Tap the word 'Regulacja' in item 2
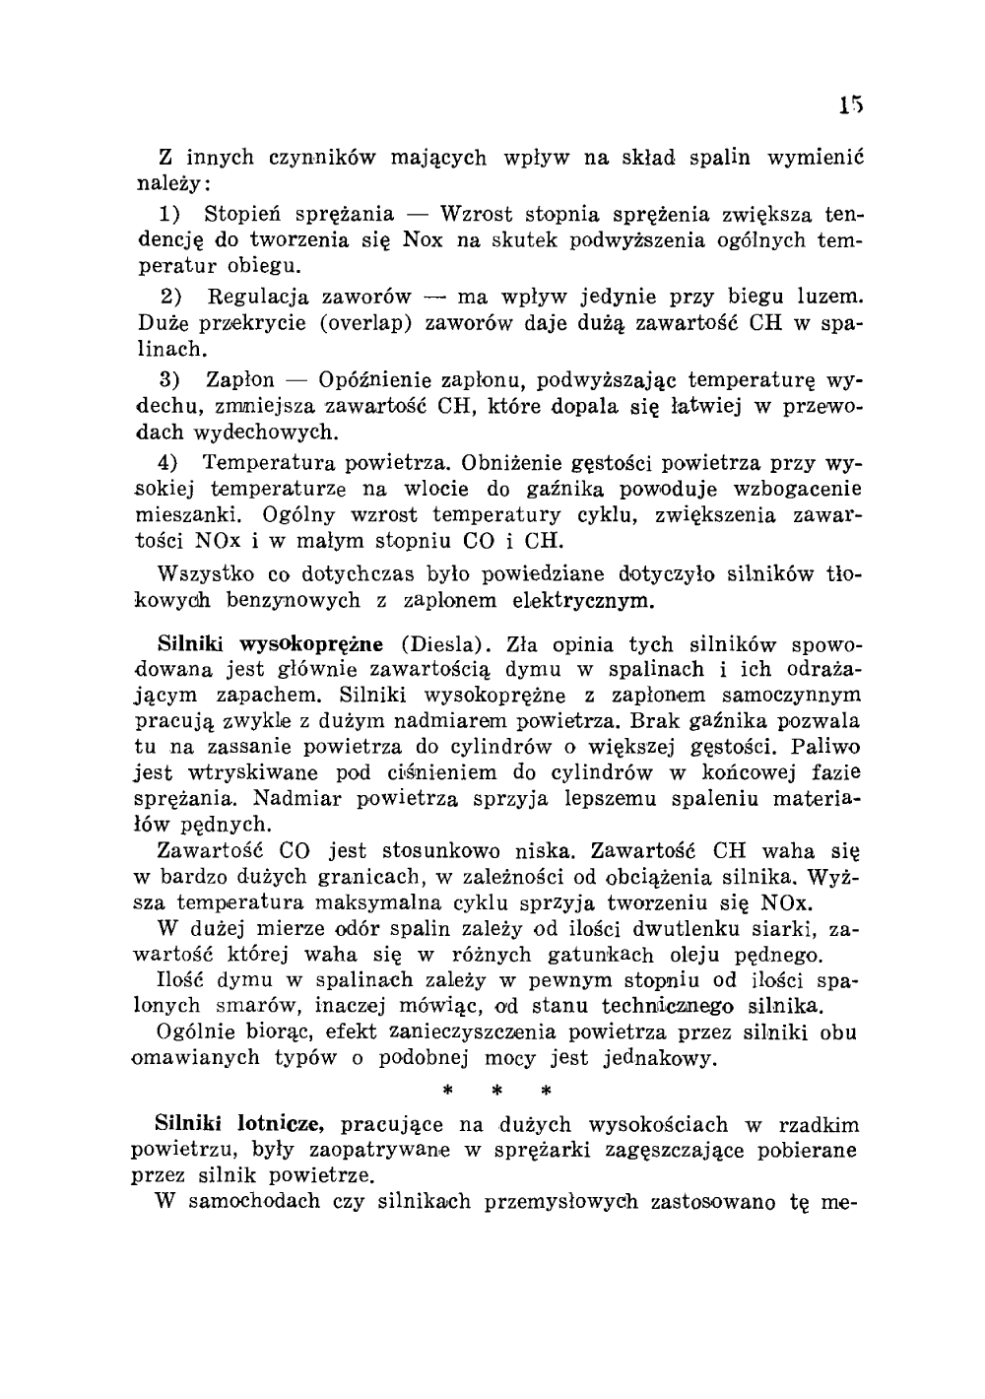pos(256,297)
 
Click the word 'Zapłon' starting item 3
pos(240,379)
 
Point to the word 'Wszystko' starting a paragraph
pos(204,573)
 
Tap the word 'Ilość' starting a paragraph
pos(183,980)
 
